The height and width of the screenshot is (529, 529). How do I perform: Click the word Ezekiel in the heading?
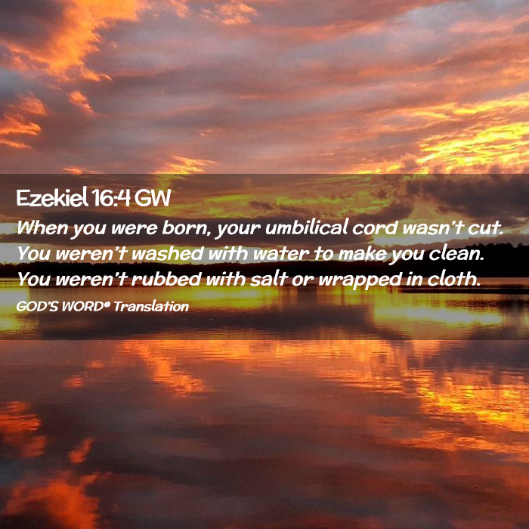[x=52, y=197]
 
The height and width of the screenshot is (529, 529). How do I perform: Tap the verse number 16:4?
[x=110, y=198]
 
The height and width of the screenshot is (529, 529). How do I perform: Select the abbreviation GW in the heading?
[x=153, y=198]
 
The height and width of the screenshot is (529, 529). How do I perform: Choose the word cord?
[x=375, y=228]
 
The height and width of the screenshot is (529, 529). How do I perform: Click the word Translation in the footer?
[x=151, y=307]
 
